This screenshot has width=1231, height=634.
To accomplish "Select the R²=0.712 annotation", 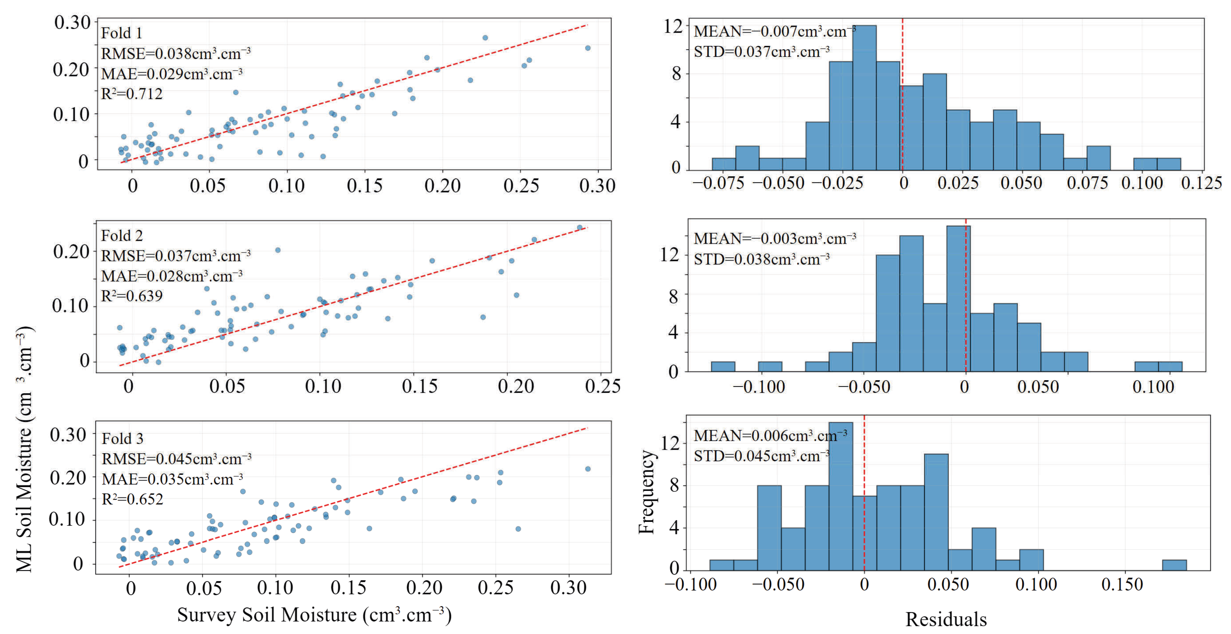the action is (x=132, y=93).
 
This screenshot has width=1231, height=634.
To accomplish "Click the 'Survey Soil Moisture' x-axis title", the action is (x=315, y=615).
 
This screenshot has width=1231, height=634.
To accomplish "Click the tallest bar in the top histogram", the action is (x=865, y=97).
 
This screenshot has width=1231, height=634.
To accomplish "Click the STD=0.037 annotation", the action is (x=762, y=51).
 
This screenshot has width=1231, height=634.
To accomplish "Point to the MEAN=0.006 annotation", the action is (x=770, y=436).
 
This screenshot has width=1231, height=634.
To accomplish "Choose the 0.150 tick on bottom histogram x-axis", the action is (x=1122, y=584).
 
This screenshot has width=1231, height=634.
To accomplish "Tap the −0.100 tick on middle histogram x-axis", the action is (x=759, y=386).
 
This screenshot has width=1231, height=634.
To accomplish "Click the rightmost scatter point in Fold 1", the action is (x=588, y=48).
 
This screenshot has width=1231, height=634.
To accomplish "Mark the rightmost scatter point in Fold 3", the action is (x=588, y=469).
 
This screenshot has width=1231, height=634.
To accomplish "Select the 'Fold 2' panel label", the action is (x=122, y=235).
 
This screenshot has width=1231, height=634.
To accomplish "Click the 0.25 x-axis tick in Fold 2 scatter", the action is (x=603, y=386).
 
